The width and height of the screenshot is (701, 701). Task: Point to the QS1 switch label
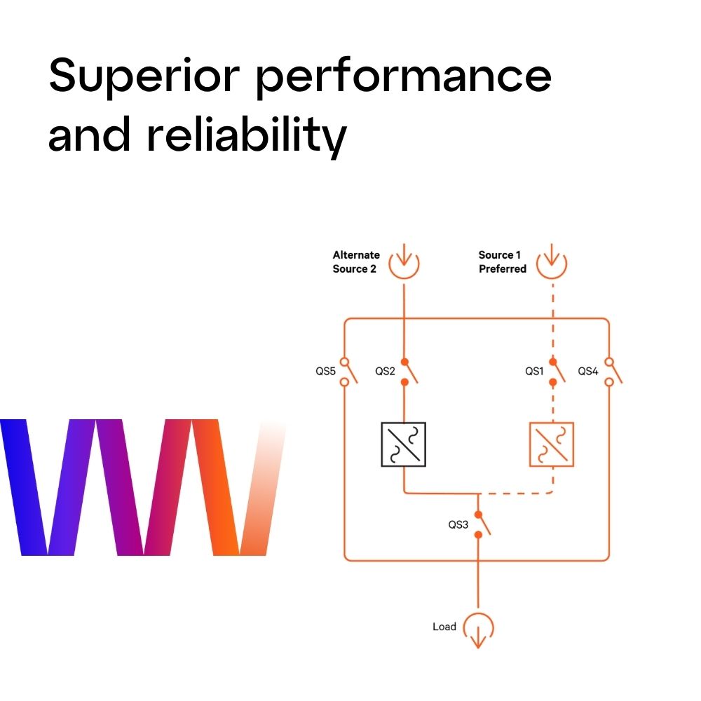click(535, 371)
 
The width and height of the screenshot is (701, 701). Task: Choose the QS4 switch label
click(587, 371)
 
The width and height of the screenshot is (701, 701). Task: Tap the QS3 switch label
click(458, 524)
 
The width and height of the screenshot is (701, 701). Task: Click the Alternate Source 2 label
click(356, 261)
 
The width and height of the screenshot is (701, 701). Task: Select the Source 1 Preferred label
click(502, 261)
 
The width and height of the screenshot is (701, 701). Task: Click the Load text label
click(444, 626)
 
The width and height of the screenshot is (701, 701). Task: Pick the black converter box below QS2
click(403, 444)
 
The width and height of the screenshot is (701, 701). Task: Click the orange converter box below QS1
click(551, 444)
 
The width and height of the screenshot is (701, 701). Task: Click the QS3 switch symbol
click(480, 524)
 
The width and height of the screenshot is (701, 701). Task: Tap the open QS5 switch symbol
click(346, 372)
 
